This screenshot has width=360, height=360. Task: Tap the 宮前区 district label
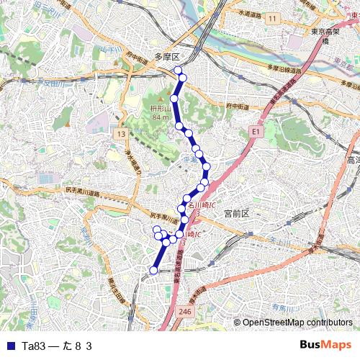tap(235, 214)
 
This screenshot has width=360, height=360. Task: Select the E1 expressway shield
tap(255, 132)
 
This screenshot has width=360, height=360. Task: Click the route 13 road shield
tap(120, 134)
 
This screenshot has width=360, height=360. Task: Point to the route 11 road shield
tap(271, 17)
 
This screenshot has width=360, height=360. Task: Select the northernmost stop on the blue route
tap(178, 70)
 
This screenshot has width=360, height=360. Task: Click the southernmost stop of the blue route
tap(153, 271)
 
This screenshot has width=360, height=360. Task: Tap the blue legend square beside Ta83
tap(10, 346)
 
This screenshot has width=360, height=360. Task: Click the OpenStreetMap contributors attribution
tap(297, 323)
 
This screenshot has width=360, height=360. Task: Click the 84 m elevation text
tap(161, 117)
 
